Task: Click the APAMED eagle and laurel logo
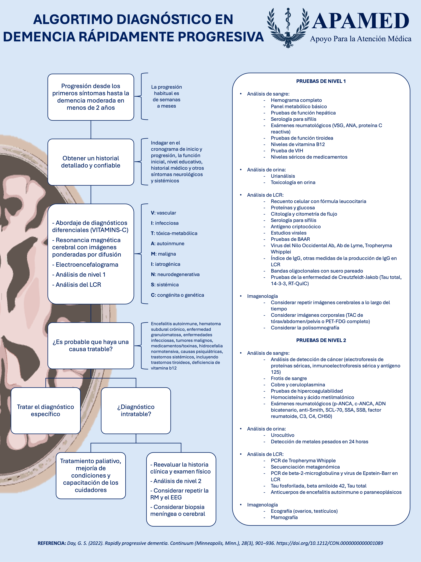[288, 28]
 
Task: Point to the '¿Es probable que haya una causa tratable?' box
[91, 345]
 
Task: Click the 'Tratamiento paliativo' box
[91, 475]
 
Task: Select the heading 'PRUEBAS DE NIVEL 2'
[321, 340]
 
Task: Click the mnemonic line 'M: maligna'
[163, 254]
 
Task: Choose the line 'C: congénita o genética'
[177, 295]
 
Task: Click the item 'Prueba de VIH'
[287, 151]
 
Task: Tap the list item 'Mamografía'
[284, 517]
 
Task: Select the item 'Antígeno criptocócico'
[296, 227]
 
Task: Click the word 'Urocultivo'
[282, 435]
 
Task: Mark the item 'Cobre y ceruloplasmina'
[298, 385]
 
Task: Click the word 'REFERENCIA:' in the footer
[52, 543]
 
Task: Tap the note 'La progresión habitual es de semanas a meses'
[166, 97]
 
